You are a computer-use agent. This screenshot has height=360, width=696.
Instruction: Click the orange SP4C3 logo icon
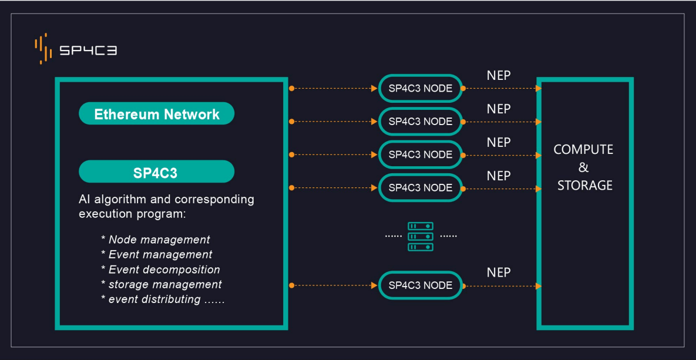(41, 48)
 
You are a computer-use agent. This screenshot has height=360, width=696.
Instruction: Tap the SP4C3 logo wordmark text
(88, 51)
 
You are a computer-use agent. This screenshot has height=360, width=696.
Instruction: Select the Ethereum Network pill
(157, 113)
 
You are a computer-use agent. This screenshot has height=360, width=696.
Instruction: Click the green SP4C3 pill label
(157, 172)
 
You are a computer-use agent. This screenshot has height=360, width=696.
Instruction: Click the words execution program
(132, 214)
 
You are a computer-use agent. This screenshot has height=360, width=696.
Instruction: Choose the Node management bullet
(156, 240)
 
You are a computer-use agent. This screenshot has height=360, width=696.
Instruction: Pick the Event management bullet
(157, 254)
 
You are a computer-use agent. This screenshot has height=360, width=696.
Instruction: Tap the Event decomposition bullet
(161, 270)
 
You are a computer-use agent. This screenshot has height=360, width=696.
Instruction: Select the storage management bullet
(162, 284)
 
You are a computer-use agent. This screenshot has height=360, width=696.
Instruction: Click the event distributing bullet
(163, 299)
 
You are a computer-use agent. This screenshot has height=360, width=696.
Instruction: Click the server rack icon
(421, 237)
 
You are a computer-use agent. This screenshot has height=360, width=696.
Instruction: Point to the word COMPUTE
(583, 150)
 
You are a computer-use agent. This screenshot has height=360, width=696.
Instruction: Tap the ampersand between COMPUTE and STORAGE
(584, 167)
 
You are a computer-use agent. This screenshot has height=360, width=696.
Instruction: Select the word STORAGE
(585, 185)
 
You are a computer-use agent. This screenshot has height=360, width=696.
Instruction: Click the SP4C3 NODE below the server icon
(421, 285)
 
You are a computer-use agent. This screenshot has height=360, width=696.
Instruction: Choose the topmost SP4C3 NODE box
(421, 88)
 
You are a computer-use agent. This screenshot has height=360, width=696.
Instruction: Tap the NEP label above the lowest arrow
(499, 272)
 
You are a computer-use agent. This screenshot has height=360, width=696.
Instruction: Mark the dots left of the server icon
(393, 237)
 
